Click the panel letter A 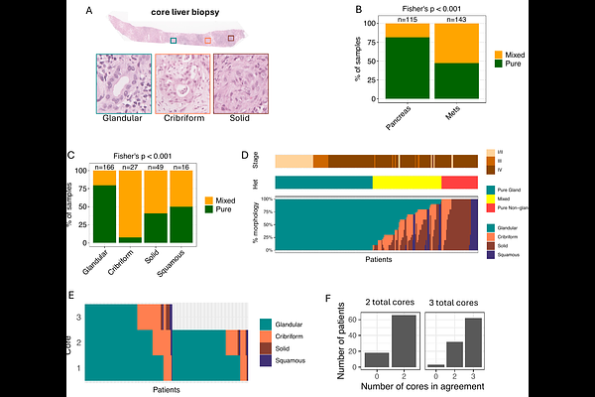click(x=90, y=11)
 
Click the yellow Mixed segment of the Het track click(x=407, y=183)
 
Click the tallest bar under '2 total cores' click(x=403, y=341)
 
